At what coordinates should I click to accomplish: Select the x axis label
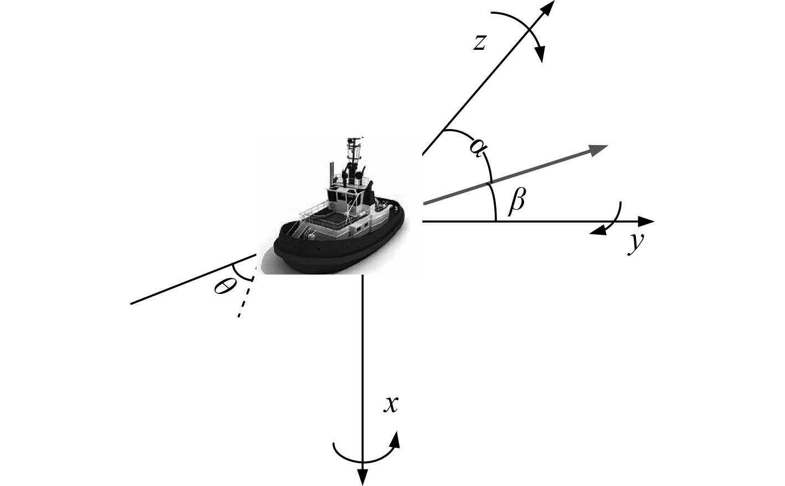(391, 405)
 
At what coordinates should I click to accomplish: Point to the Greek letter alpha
(476, 146)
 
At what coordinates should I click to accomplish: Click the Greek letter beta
(516, 202)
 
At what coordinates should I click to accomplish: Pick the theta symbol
(222, 286)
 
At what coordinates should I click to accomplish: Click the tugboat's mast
(351, 152)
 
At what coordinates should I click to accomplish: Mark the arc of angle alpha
(481, 152)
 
